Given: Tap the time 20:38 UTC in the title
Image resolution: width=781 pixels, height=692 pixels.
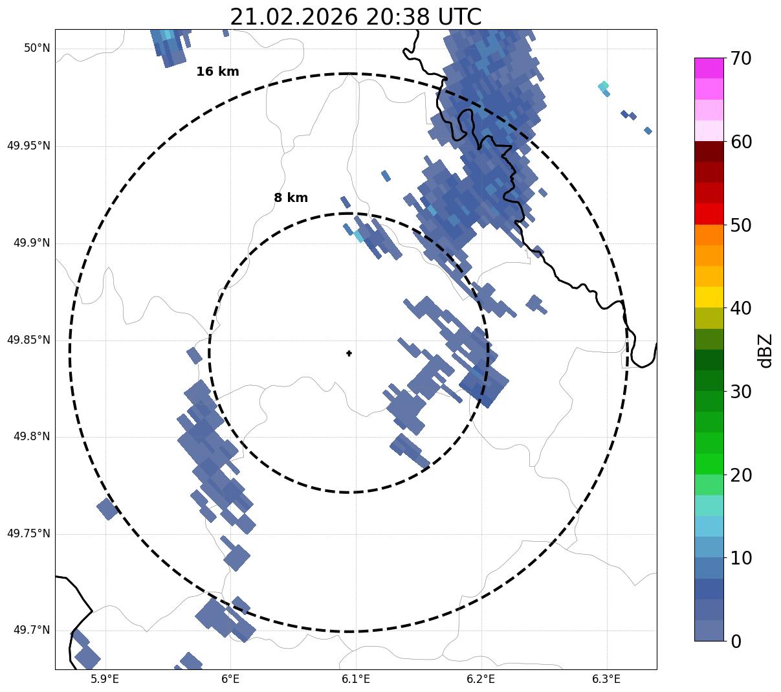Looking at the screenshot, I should click(424, 17).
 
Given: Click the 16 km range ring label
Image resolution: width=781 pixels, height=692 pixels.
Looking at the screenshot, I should click(217, 72).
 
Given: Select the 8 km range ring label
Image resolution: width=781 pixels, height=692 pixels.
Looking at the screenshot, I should click(291, 198).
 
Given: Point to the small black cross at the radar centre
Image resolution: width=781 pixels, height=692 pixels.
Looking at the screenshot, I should click(349, 353).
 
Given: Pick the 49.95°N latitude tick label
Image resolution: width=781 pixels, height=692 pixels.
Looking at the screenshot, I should click(28, 146).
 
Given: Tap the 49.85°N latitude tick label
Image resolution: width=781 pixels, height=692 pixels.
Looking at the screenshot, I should click(28, 340).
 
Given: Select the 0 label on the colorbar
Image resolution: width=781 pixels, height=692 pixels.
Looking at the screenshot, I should click(736, 642).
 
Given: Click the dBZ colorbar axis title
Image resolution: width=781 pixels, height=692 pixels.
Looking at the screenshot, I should click(766, 351).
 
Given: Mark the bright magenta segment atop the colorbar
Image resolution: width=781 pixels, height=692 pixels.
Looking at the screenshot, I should click(709, 68).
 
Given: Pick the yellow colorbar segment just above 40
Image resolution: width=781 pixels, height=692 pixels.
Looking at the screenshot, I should click(709, 297).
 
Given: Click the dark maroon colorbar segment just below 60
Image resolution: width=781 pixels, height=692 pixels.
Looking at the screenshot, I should click(709, 151).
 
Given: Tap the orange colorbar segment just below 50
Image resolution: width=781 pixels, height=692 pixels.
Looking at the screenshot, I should click(709, 234).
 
